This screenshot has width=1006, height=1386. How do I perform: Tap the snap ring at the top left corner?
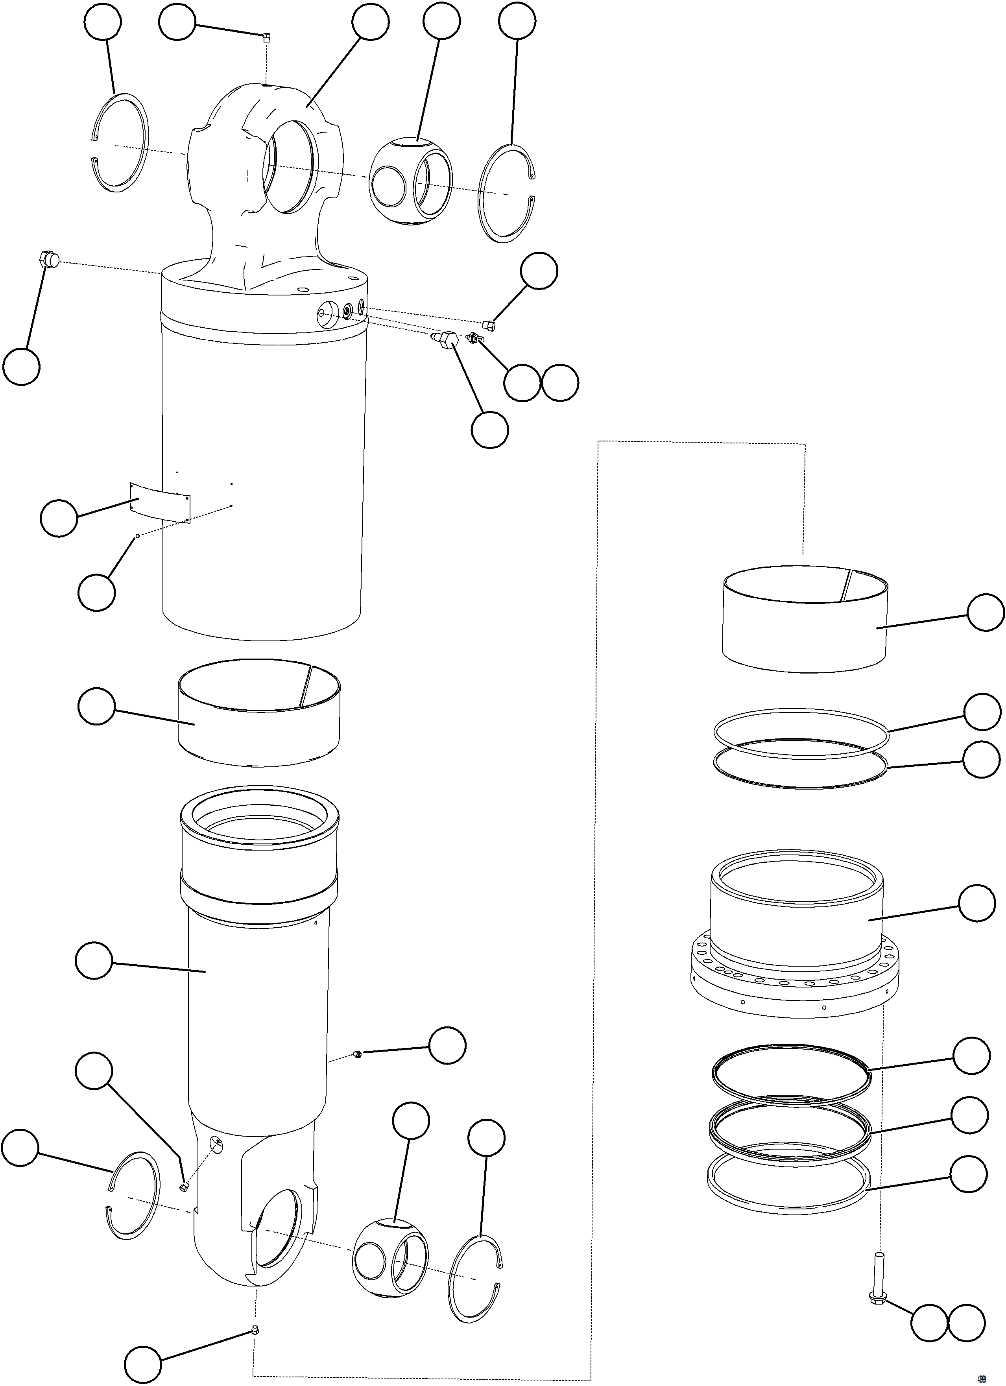coord(122,142)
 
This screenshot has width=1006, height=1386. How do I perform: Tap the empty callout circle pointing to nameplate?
coord(59,518)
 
